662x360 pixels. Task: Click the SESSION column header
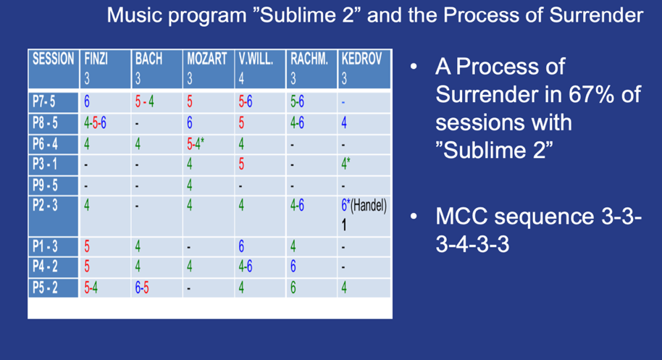pyautogui.click(x=53, y=59)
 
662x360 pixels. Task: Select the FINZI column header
pyautogui.click(x=96, y=59)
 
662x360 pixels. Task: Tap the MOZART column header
pyautogui.click(x=207, y=59)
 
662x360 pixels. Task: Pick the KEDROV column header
pyautogui.click(x=361, y=59)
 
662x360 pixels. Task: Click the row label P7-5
pyautogui.click(x=44, y=101)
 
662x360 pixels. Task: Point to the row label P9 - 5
pyautogui.click(x=45, y=185)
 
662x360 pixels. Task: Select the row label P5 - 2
pyautogui.click(x=45, y=288)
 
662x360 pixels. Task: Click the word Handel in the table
pyautogui.click(x=368, y=206)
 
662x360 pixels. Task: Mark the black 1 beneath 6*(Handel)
pyautogui.click(x=344, y=225)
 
